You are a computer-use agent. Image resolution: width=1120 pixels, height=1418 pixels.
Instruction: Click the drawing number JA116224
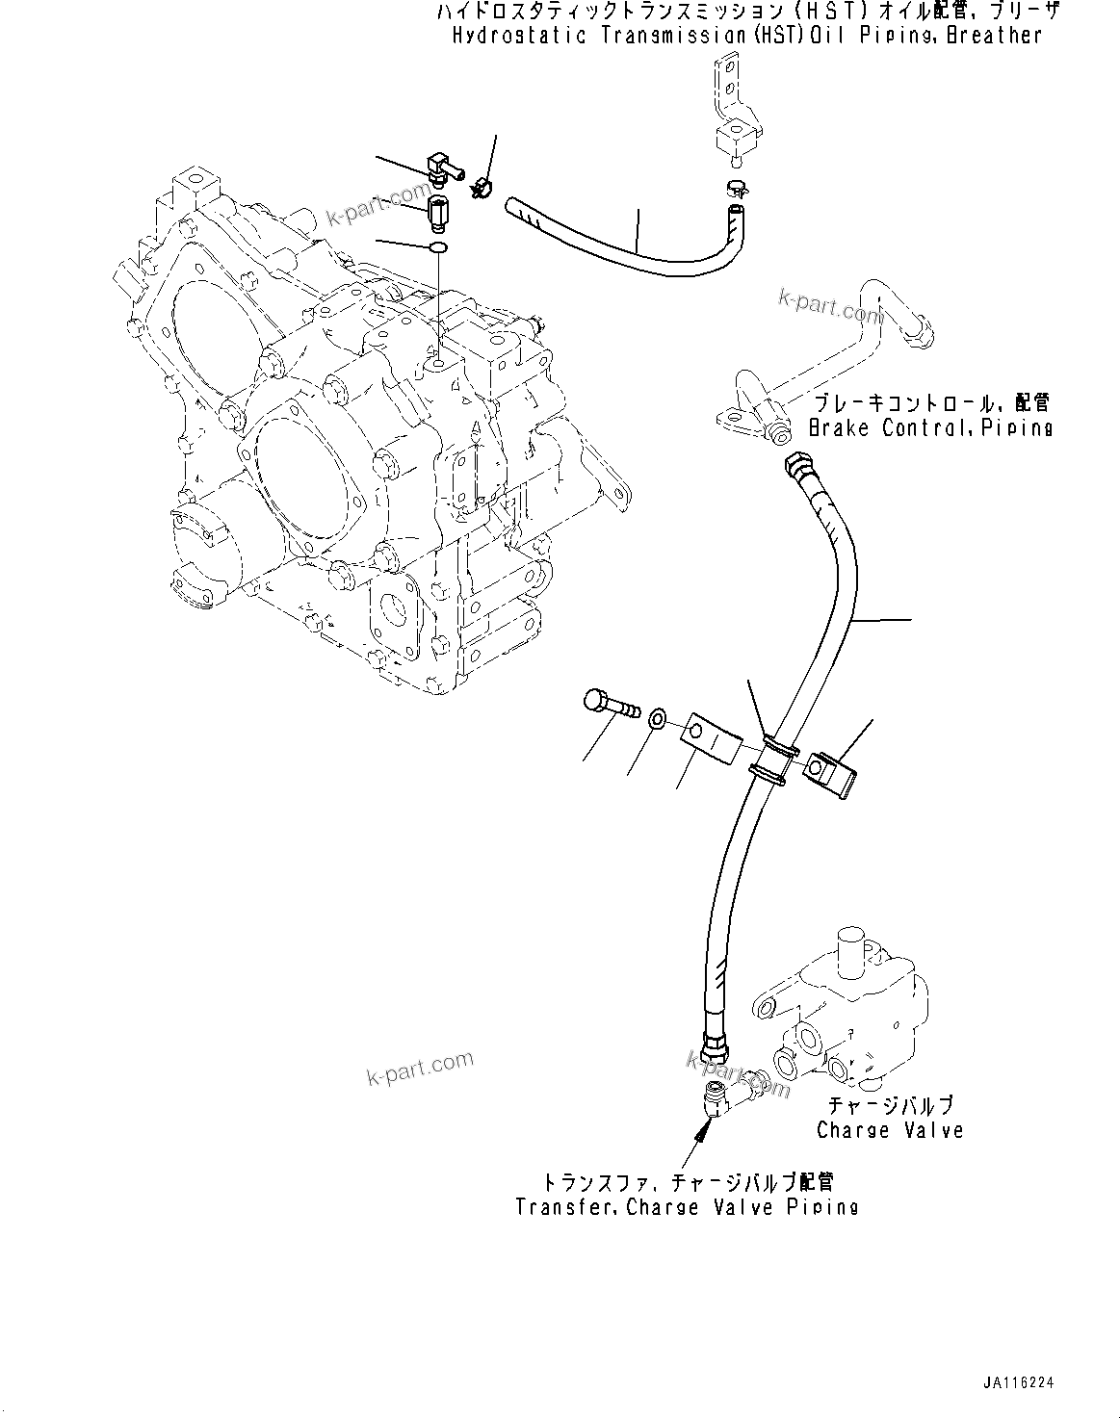coord(1019,1382)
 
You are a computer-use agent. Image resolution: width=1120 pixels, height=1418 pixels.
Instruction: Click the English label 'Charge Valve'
coord(889,1129)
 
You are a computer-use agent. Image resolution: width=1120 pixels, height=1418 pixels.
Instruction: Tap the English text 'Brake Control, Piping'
coord(930,427)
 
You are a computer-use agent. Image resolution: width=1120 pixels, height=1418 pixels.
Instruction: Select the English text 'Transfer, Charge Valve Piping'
coord(687,1206)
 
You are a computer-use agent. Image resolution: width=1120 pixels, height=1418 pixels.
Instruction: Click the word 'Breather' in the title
coord(993,36)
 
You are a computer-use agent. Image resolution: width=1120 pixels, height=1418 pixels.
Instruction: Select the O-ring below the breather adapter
coord(438,249)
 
